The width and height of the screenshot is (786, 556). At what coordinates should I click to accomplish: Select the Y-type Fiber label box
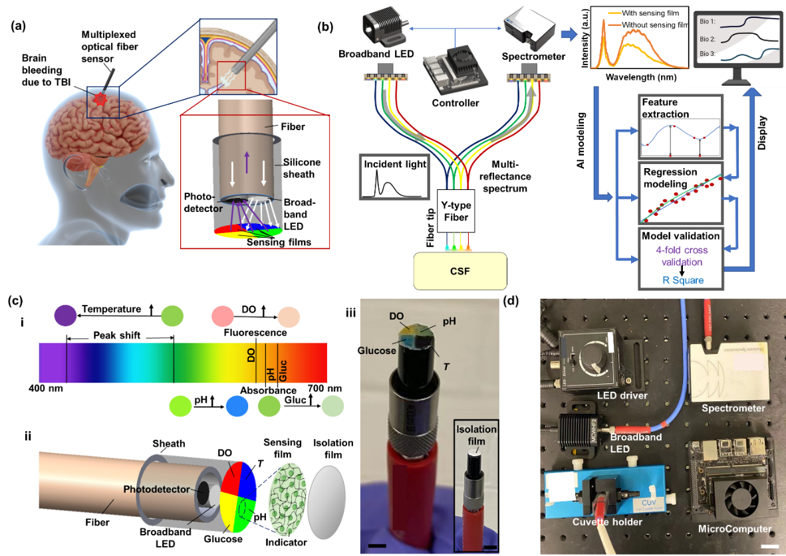pos(456,211)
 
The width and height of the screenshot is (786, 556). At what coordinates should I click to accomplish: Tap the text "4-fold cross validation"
pos(681,256)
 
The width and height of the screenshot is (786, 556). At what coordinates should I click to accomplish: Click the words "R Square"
pos(682,280)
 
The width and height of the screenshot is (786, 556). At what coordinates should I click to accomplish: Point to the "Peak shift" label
pos(116,335)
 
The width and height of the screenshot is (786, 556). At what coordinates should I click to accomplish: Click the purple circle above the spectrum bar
pos(65,316)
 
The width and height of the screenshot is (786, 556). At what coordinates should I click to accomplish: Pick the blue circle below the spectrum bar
pos(237,406)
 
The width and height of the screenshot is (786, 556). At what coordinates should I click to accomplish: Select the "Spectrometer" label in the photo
pos(733,408)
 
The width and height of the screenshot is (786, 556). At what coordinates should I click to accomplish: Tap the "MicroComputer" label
pos(735,529)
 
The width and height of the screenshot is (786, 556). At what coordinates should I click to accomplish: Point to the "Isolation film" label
pos(476,434)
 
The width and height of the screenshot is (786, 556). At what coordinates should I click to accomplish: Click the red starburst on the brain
pos(102,99)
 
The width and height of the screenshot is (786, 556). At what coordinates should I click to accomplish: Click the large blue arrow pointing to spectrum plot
pos(569,35)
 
